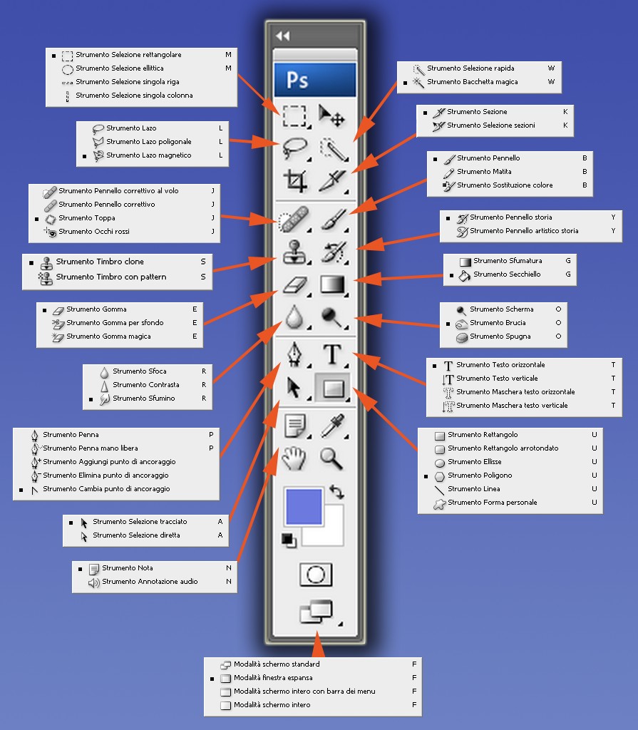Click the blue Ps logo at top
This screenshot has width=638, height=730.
pyautogui.click(x=314, y=78)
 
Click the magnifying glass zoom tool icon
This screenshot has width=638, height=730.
pyautogui.click(x=331, y=458)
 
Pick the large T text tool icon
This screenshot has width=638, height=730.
pyautogui.click(x=332, y=354)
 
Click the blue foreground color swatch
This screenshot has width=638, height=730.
pyautogui.click(x=304, y=506)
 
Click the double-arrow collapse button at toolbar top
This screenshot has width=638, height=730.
pyautogui.click(x=282, y=36)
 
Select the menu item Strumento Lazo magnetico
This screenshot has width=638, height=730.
pyautogui.click(x=148, y=155)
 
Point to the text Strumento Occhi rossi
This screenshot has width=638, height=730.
pyautogui.click(x=94, y=232)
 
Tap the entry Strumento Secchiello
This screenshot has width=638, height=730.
pyautogui.click(x=507, y=274)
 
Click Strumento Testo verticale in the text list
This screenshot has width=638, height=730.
pyautogui.click(x=497, y=379)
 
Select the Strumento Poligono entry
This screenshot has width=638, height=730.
pyautogui.click(x=480, y=475)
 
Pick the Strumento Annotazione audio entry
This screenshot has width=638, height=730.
pyautogui.click(x=150, y=582)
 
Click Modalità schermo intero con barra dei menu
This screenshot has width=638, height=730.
pyautogui.click(x=304, y=692)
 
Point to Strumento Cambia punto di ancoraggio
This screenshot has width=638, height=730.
pyautogui.click(x=106, y=489)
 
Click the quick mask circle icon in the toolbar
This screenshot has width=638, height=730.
pyautogui.click(x=315, y=575)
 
